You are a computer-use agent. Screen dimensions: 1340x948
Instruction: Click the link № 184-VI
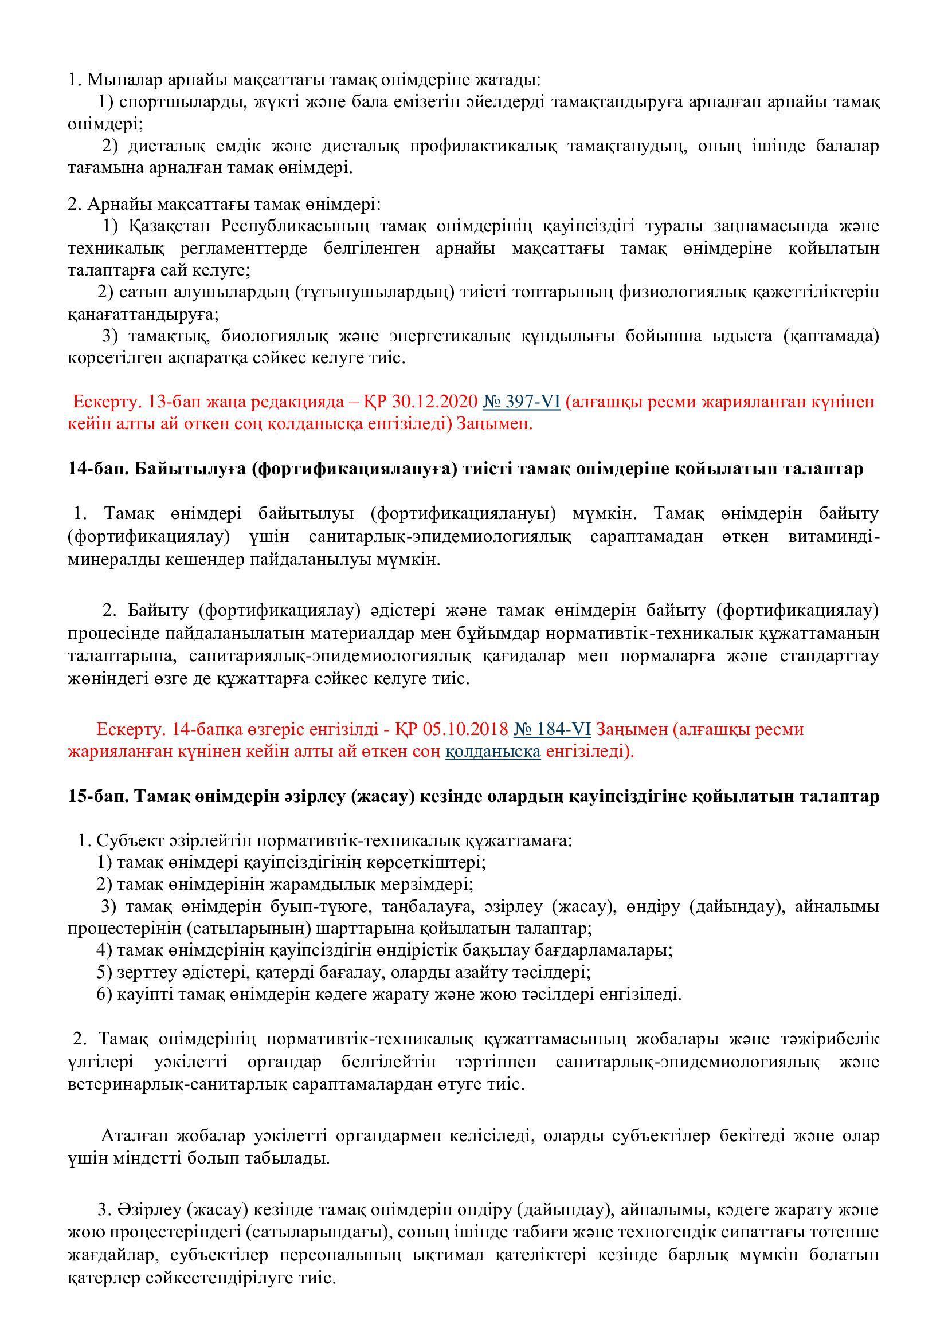552,729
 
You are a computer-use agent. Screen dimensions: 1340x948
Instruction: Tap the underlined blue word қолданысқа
493,751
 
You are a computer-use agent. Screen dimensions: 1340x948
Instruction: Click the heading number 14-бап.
94,469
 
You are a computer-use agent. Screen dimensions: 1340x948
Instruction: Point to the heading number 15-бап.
94,797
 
